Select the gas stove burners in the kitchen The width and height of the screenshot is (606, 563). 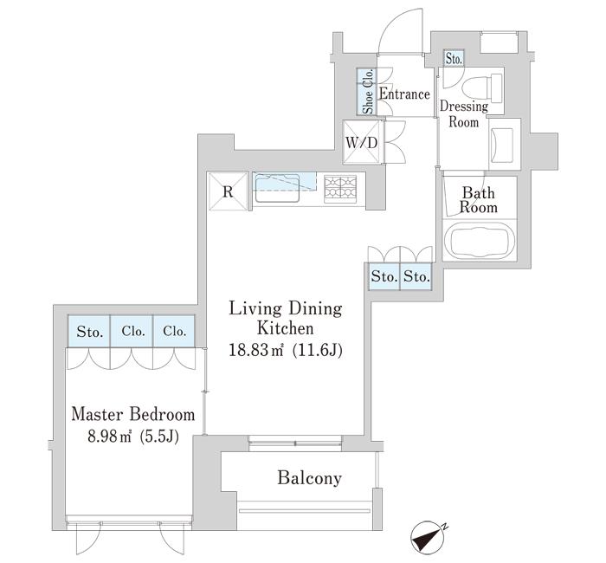(x=340, y=188)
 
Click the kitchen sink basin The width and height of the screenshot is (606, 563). (x=277, y=188)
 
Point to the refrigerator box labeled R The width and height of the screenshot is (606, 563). (x=228, y=191)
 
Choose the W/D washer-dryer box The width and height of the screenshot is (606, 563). (x=362, y=142)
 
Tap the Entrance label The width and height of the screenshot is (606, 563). (x=404, y=94)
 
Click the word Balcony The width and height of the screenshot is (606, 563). (x=310, y=478)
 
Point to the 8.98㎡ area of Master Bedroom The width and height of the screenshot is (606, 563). (x=110, y=437)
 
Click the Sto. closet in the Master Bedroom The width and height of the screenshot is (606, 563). (x=89, y=332)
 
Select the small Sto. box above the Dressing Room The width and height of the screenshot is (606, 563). (x=454, y=59)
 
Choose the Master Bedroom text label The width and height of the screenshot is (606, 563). (x=133, y=415)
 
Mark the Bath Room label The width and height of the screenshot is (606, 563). (x=479, y=200)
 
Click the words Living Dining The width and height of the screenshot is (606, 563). (x=286, y=309)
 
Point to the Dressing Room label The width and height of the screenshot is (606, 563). (x=464, y=114)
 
